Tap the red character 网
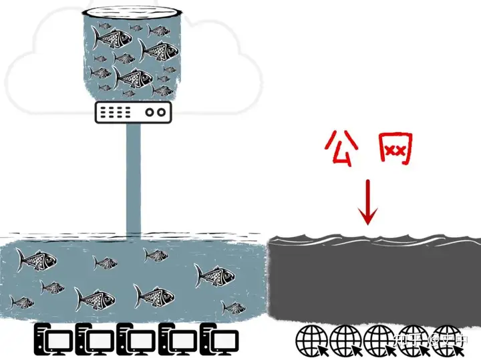point(395,150)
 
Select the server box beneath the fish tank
point(133,112)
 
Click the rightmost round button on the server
point(160,113)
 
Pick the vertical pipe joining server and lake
point(133,180)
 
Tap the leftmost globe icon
point(311,340)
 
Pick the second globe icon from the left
point(345,340)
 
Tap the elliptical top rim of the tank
point(133,13)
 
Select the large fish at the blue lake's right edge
point(211,274)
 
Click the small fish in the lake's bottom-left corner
point(22,303)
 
